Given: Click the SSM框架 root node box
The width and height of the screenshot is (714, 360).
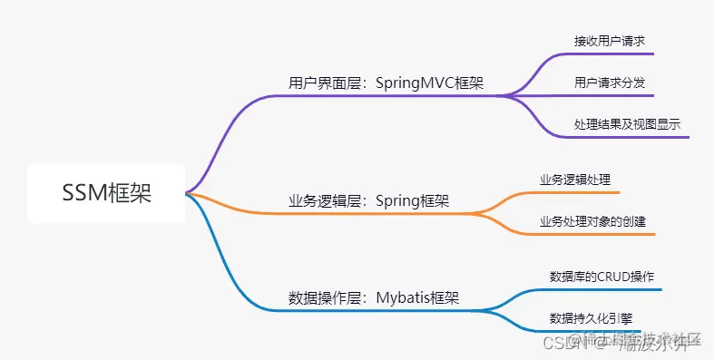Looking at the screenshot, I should pyautogui.click(x=106, y=193).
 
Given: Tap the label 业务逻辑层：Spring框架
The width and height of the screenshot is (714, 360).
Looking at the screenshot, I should pyautogui.click(x=368, y=201).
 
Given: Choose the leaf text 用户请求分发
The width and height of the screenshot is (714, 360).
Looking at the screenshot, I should pyautogui.click(x=609, y=83).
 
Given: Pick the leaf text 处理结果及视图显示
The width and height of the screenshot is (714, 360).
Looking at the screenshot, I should pyautogui.click(x=627, y=124).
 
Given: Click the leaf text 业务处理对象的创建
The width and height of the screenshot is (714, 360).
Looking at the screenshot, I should pyautogui.click(x=592, y=221).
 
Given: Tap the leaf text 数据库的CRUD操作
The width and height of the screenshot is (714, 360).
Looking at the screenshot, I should pyautogui.click(x=602, y=276).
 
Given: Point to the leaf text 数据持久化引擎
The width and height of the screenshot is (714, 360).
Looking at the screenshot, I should pyautogui.click(x=591, y=317).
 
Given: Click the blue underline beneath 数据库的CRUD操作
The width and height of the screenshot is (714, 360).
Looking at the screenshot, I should pyautogui.click(x=603, y=290).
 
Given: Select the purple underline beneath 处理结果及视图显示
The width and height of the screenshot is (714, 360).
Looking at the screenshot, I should pyautogui.click(x=631, y=138).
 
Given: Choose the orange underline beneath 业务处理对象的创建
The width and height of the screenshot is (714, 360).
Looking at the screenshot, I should pyautogui.click(x=594, y=234).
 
